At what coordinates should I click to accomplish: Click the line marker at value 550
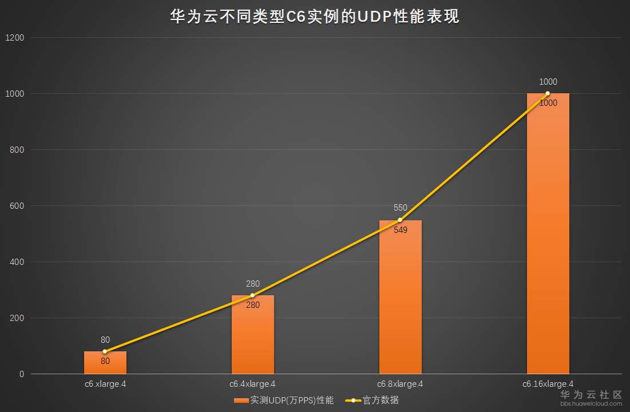click(x=400, y=220)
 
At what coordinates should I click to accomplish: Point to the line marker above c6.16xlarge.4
click(x=548, y=93)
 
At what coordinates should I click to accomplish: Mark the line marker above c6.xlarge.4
click(x=105, y=351)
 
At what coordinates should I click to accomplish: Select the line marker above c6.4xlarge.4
click(x=252, y=295)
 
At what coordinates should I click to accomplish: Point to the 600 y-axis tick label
click(x=17, y=206)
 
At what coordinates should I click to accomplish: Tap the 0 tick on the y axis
click(x=22, y=374)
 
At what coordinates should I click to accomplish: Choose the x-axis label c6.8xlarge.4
click(x=400, y=384)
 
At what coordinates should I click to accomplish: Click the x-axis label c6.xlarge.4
click(x=105, y=384)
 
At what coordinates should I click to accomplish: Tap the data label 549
click(x=401, y=231)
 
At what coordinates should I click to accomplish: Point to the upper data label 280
click(x=253, y=284)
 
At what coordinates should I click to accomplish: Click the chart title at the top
click(x=315, y=17)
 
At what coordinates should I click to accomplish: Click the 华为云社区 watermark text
click(x=591, y=395)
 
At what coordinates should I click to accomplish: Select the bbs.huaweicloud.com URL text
click(x=591, y=404)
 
